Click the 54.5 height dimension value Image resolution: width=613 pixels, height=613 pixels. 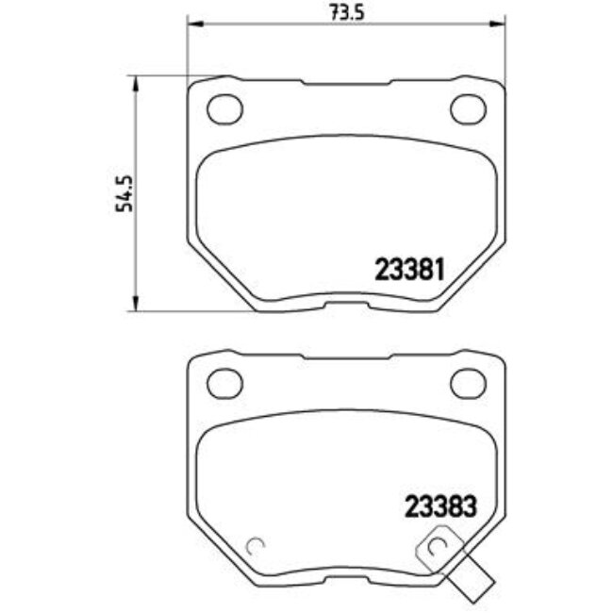[122, 193]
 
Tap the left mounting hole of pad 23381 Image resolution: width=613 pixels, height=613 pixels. [223, 109]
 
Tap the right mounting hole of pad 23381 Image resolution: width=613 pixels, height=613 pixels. [467, 109]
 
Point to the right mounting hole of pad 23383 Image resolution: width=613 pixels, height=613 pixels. [467, 383]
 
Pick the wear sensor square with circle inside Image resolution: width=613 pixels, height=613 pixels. [435, 548]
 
